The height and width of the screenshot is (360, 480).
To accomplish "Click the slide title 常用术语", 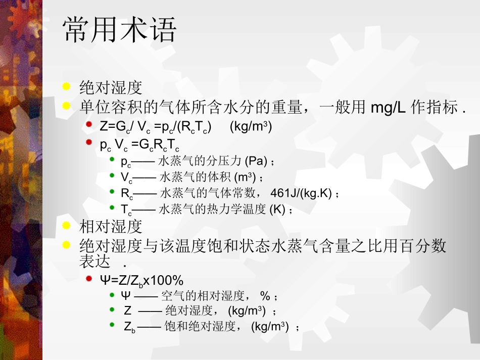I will tap(120, 30).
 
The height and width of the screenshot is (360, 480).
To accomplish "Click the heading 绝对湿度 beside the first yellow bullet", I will tap(111, 87).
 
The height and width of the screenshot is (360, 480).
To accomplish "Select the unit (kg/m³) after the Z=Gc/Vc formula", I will tap(251, 126).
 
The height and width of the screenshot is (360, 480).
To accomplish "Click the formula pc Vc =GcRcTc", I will tap(139, 145).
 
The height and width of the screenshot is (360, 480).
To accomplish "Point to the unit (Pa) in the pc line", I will tap(256, 162).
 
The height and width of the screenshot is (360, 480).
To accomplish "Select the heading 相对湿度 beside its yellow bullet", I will tap(111, 226).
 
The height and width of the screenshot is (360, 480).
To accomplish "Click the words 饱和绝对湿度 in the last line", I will tap(201, 327).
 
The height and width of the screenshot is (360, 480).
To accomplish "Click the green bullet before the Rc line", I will tap(112, 191).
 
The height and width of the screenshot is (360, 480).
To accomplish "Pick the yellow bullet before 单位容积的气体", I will tap(66, 106).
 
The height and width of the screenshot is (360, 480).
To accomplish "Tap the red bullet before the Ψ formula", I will tap(89, 279).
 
